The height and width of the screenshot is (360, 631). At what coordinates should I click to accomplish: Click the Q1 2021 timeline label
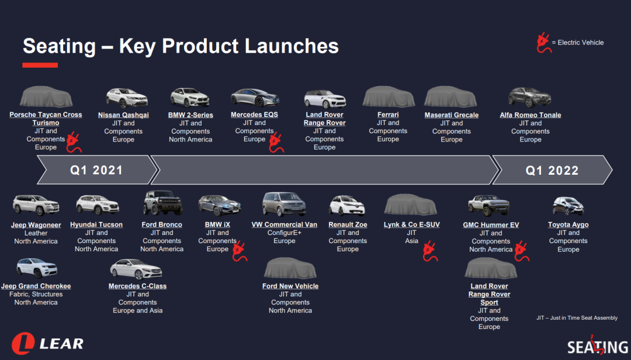(x=96, y=170)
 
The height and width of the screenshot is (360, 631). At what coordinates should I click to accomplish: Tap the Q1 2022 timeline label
(x=552, y=170)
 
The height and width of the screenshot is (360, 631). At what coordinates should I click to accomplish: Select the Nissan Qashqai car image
(x=126, y=98)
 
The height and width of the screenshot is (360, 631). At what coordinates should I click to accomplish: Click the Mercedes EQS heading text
(x=254, y=115)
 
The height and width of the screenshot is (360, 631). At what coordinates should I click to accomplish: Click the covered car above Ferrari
(x=389, y=96)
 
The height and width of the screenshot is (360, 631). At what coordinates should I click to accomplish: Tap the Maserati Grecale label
(x=452, y=115)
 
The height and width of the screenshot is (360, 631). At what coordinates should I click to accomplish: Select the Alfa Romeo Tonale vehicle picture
(x=529, y=98)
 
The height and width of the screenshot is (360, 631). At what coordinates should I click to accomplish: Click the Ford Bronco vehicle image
(x=162, y=203)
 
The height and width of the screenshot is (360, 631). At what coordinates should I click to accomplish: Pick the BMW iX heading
(x=217, y=224)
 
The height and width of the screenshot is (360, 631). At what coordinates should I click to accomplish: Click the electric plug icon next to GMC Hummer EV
(x=522, y=251)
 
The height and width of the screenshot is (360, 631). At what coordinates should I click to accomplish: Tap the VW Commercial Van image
(x=284, y=204)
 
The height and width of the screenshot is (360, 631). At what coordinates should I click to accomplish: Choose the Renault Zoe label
(x=348, y=224)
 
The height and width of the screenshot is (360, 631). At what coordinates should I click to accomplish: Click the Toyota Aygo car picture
(x=568, y=206)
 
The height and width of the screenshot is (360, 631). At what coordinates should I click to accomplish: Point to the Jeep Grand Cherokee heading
(x=36, y=286)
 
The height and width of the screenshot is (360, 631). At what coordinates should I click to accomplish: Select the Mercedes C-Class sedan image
(x=136, y=269)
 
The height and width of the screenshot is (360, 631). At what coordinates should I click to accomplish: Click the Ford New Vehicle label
(x=290, y=286)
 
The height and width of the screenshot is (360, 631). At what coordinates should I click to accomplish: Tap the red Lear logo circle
(x=23, y=344)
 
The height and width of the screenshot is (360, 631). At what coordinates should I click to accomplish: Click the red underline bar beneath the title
(x=40, y=65)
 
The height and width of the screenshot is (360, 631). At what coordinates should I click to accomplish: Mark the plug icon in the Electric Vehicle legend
(x=544, y=43)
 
